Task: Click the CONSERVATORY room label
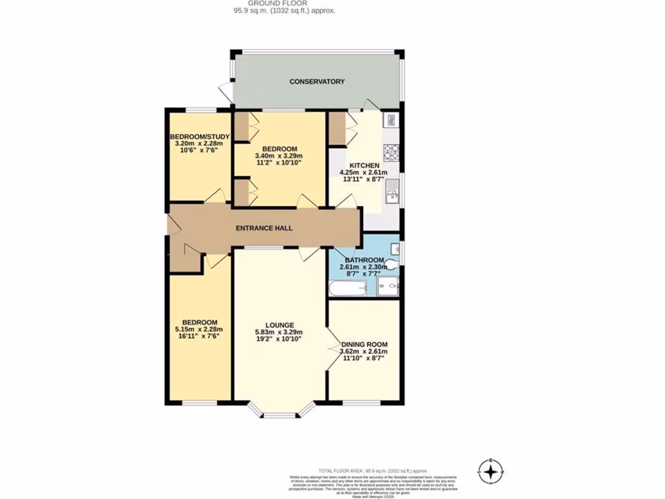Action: pos(316,82)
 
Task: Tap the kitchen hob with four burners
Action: pos(391,151)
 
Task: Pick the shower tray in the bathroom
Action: pos(388,286)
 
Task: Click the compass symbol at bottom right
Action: pos(492,469)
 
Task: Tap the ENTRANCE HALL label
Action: pos(264,229)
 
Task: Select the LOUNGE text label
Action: pos(280,325)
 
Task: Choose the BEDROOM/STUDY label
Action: pos(196,136)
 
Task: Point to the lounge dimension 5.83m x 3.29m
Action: pos(280,333)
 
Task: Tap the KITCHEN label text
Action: pos(364,166)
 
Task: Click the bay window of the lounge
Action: pos(281,413)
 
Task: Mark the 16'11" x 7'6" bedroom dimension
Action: pos(199,337)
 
